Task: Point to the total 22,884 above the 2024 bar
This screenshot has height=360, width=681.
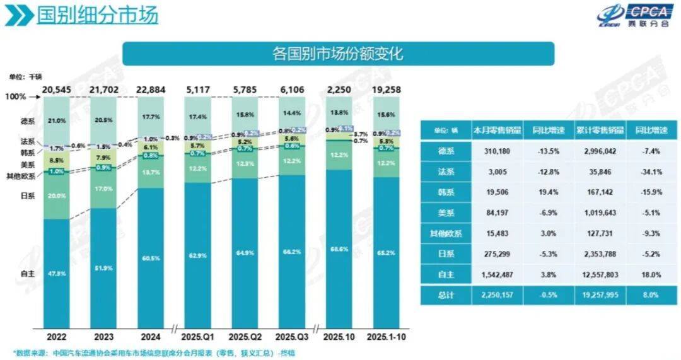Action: pyautogui.click(x=150, y=90)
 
